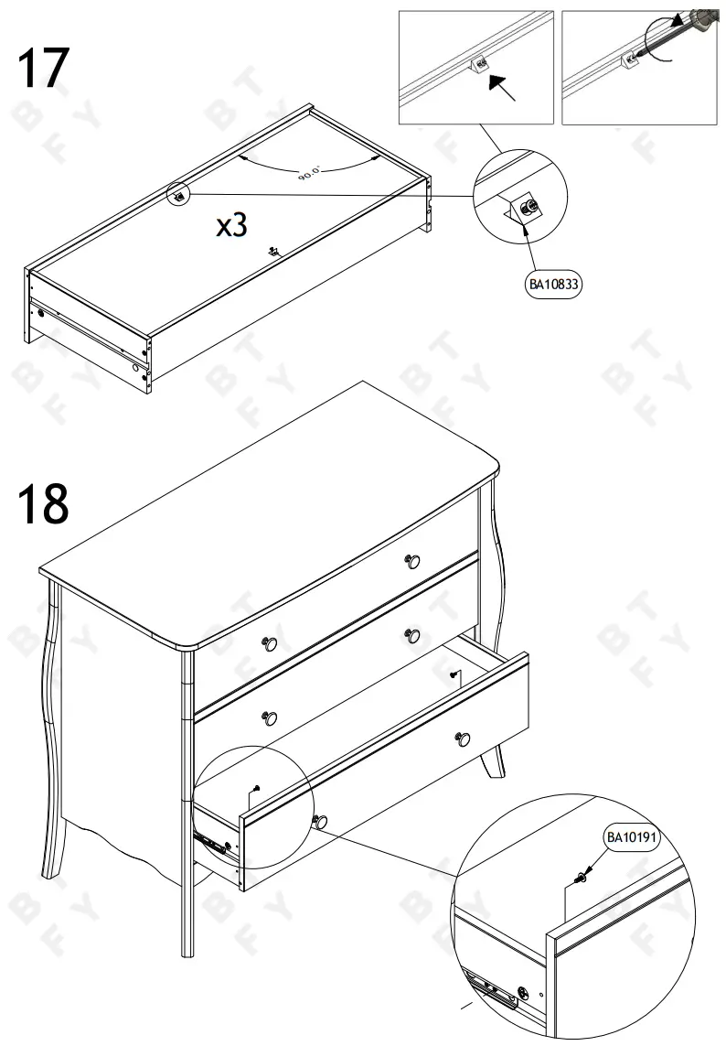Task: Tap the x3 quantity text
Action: point(231,225)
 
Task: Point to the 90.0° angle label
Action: point(310,173)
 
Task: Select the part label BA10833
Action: point(555,285)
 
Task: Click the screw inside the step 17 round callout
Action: point(528,210)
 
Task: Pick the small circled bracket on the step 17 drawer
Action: point(179,194)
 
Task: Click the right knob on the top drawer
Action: point(412,560)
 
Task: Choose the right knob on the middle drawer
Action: point(412,635)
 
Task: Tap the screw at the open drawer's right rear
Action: point(454,674)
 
